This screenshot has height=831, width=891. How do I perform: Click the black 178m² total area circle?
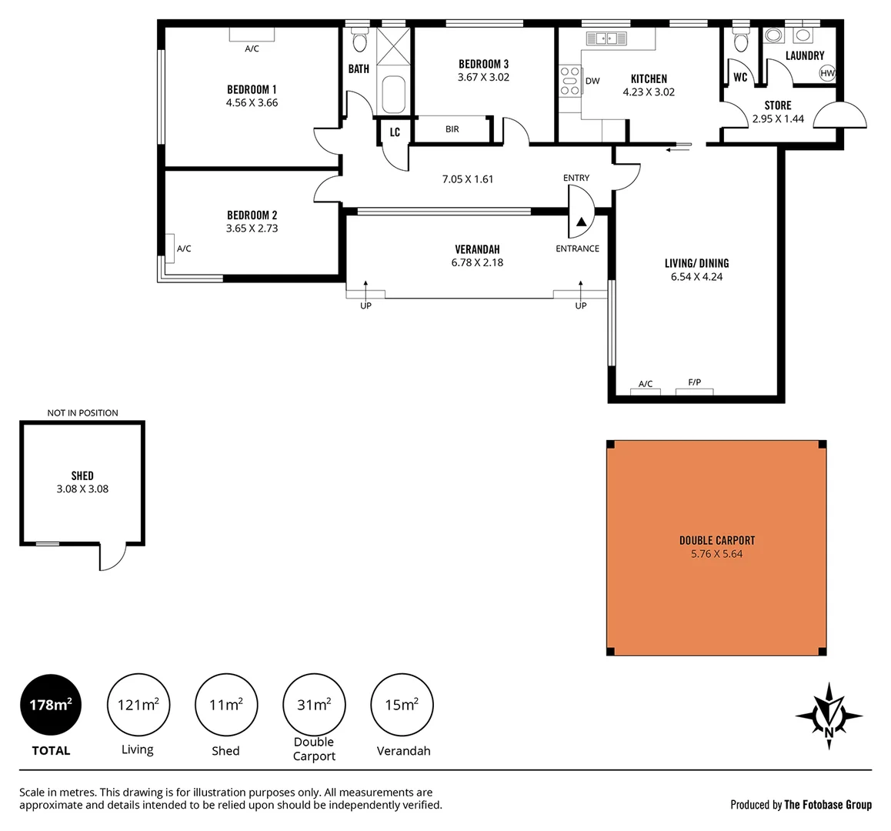pyautogui.click(x=51, y=705)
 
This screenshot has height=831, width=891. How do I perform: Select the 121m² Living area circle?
pyautogui.click(x=138, y=705)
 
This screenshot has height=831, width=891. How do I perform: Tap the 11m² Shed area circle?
pyautogui.click(x=226, y=705)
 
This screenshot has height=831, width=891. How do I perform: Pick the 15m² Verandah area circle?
pyautogui.click(x=402, y=705)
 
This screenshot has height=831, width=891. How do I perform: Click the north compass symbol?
pyautogui.click(x=829, y=716)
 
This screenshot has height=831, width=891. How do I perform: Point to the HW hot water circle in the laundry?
pyautogui.click(x=827, y=73)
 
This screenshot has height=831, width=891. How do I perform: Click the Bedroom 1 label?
pyautogui.click(x=252, y=89)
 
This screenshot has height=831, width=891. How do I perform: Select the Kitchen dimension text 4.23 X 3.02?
pyautogui.click(x=649, y=92)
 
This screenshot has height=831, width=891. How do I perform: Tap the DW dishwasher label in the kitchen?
pyautogui.click(x=592, y=81)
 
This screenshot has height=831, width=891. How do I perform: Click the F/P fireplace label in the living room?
pyautogui.click(x=694, y=382)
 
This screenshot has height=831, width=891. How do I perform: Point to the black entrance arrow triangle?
pyautogui.click(x=582, y=222)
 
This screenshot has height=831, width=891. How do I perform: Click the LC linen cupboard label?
pyautogui.click(x=395, y=132)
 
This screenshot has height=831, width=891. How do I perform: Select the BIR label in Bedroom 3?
pyautogui.click(x=452, y=129)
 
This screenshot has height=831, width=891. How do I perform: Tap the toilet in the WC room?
pyautogui.click(x=741, y=40)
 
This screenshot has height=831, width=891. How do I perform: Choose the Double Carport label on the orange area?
pyautogui.click(x=717, y=540)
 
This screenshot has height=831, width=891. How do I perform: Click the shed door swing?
pyautogui.click(x=112, y=556)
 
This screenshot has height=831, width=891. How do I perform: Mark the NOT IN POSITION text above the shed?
pyautogui.click(x=82, y=413)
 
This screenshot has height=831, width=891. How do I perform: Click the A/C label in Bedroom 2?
pyautogui.click(x=184, y=249)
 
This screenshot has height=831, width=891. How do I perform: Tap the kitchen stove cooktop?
pyautogui.click(x=570, y=81)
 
